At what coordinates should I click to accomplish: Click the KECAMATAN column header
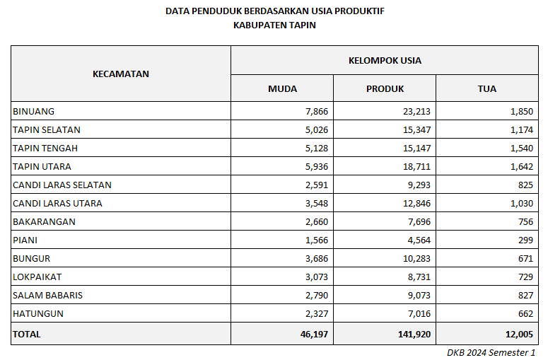[121, 74]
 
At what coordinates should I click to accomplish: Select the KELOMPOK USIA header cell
[385, 60]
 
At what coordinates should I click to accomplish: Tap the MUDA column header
[282, 88]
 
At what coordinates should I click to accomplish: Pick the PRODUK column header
[385, 88]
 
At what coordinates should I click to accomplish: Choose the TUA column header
[486, 88]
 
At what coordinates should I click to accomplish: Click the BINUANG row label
[33, 111]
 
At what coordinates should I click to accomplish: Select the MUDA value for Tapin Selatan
[314, 129]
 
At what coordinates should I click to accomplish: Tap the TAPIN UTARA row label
[42, 166]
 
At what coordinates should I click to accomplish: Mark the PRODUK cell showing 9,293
[417, 185]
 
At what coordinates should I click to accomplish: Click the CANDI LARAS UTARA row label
[57, 203]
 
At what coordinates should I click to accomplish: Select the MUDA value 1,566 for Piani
[314, 240]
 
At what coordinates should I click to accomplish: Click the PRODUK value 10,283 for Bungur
[415, 258]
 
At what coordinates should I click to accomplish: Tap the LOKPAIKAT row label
[37, 277]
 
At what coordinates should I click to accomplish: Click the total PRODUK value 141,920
[413, 334]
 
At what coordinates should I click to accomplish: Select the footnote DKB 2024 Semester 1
[491, 352]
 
